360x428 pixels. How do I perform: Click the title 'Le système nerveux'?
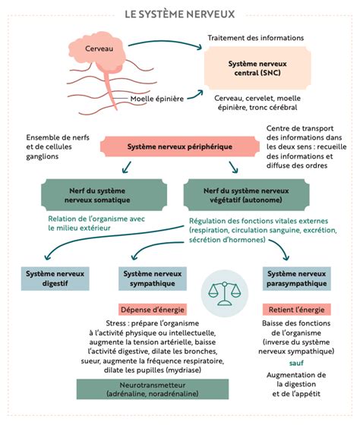(179, 14)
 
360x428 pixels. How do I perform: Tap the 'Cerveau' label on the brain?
(99, 49)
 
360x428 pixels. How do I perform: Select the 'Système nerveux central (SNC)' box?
(257, 68)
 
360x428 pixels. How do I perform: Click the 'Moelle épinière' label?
(156, 99)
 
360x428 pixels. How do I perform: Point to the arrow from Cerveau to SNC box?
(166, 42)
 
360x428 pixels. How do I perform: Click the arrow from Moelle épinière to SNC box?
(195, 96)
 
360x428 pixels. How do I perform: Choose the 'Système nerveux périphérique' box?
(180, 146)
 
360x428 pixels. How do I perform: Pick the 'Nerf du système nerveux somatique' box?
(104, 195)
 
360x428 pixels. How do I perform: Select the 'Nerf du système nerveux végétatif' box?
(246, 195)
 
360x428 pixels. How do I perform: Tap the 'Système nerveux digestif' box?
(55, 279)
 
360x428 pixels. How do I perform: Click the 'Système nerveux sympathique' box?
(153, 279)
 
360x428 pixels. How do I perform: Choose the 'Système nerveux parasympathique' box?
(297, 279)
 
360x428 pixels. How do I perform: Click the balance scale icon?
(225, 294)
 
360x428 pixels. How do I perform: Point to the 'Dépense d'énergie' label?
(153, 310)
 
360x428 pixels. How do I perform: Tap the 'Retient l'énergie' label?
(297, 310)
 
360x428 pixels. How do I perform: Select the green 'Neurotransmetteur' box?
(153, 389)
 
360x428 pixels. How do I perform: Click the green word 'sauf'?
(296, 363)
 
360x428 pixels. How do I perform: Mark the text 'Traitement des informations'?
(256, 38)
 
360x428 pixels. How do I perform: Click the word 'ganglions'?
(43, 156)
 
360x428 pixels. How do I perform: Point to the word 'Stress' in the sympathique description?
(115, 323)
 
